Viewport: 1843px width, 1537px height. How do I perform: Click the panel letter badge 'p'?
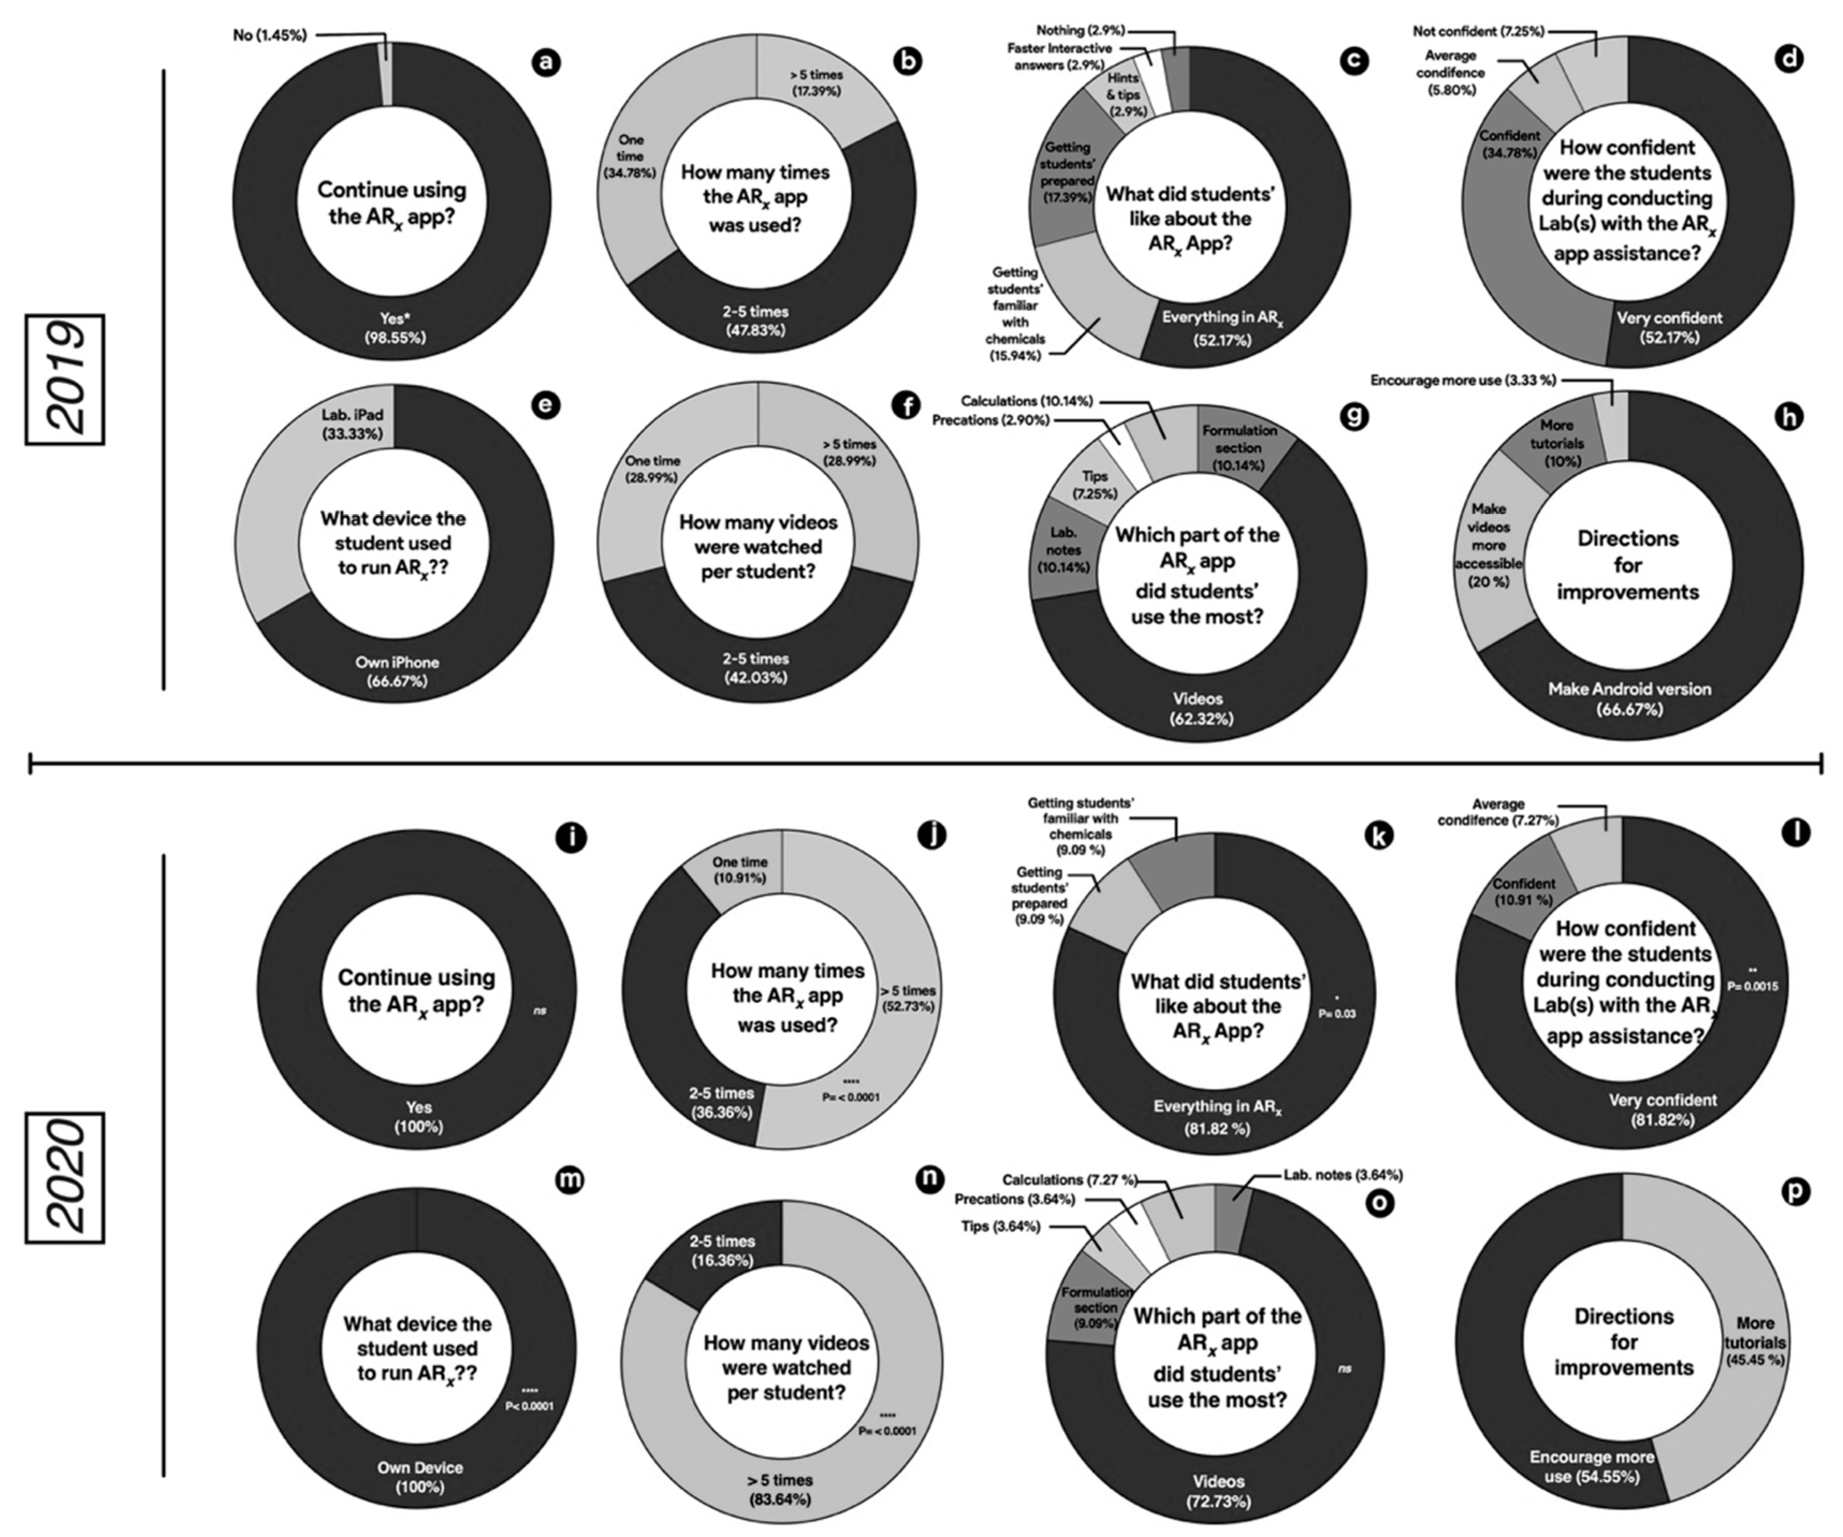1796,1191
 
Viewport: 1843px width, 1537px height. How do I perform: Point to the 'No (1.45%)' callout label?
269,35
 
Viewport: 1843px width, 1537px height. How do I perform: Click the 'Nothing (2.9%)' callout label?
1080,31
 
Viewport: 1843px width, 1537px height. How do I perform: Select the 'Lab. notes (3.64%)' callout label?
1343,1175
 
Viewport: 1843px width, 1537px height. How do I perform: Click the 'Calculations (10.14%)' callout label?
1027,401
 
